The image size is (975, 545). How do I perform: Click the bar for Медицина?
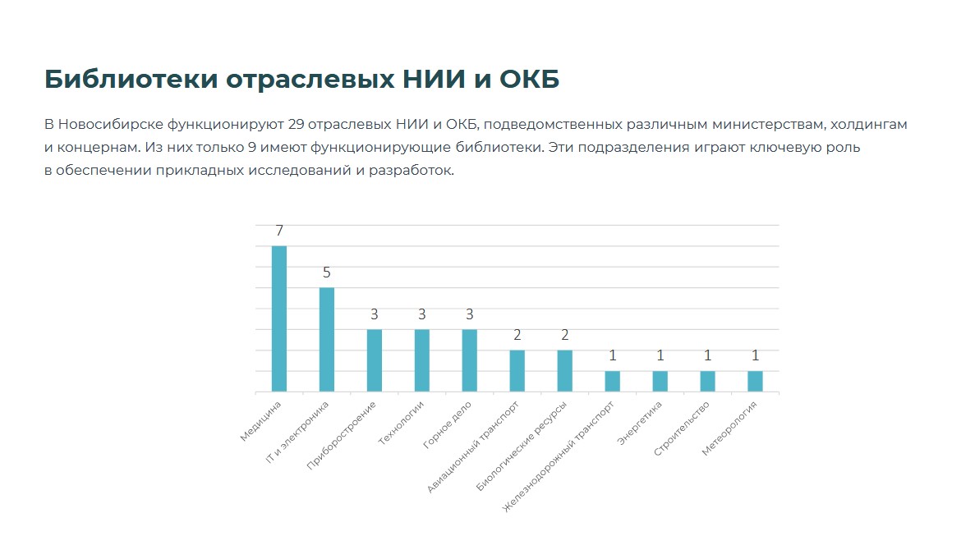[x=279, y=318]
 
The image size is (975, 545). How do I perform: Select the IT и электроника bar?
[x=327, y=339]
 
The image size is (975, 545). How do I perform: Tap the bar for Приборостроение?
[x=375, y=360]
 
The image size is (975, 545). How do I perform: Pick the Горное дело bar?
[x=470, y=360]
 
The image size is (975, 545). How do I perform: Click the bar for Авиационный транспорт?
[x=517, y=371]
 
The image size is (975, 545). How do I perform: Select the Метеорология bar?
[x=755, y=382]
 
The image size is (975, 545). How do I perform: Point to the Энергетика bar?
[x=660, y=382]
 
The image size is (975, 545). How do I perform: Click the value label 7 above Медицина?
[x=279, y=231]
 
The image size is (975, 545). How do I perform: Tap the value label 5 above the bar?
[x=327, y=273]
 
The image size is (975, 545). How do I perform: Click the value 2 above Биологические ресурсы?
[x=565, y=336]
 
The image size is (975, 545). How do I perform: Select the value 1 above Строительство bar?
[x=707, y=356]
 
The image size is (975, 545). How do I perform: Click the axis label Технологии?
[x=402, y=424]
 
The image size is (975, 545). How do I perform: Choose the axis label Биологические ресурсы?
[x=522, y=447]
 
